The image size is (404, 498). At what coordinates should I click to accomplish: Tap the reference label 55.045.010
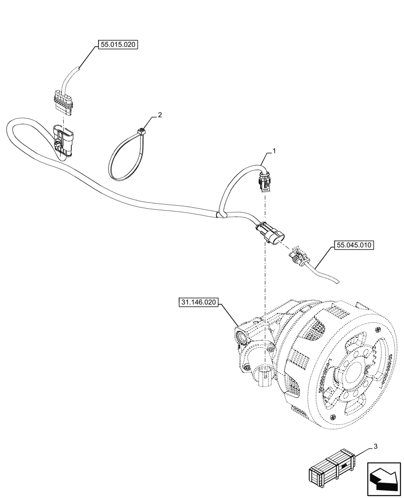click(355, 245)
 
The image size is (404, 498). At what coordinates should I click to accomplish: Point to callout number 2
click(159, 115)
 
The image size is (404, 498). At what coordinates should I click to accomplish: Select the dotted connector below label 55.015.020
click(64, 103)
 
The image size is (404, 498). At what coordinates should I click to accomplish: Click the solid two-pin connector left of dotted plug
click(269, 234)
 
